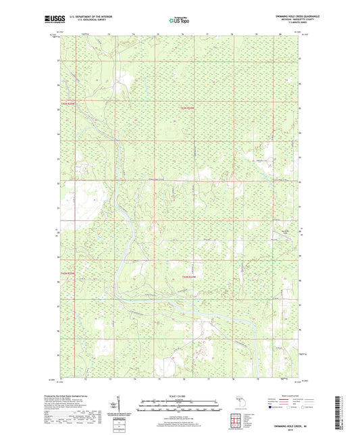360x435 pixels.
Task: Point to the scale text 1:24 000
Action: [x=180, y=395]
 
